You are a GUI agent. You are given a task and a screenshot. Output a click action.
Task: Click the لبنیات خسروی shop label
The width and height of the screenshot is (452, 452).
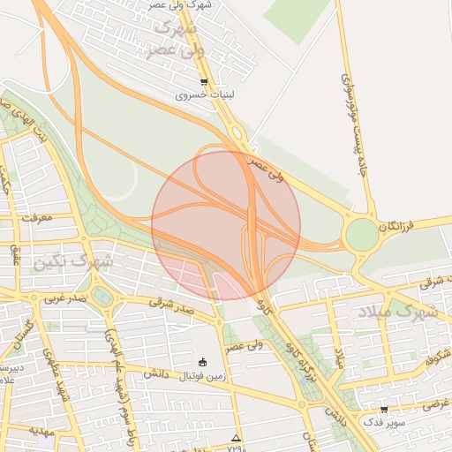point(203,95)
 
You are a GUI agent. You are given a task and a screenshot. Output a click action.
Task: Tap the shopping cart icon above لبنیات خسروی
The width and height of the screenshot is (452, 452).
point(204,82)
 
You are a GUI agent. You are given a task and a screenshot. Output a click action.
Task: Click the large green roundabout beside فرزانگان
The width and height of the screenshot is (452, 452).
point(362,235)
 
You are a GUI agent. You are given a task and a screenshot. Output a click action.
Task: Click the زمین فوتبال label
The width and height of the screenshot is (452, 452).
point(204,377)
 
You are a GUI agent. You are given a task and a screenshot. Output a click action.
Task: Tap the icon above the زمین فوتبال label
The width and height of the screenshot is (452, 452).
point(204,362)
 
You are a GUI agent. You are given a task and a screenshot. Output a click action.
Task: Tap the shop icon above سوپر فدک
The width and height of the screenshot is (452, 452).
point(384,410)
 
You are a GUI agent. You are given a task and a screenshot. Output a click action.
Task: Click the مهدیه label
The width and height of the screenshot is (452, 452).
point(42,431)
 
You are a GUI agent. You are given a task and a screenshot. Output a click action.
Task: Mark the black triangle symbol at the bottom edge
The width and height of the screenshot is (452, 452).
point(235,438)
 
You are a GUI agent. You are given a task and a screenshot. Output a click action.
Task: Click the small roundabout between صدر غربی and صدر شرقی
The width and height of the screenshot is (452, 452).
point(104,297)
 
